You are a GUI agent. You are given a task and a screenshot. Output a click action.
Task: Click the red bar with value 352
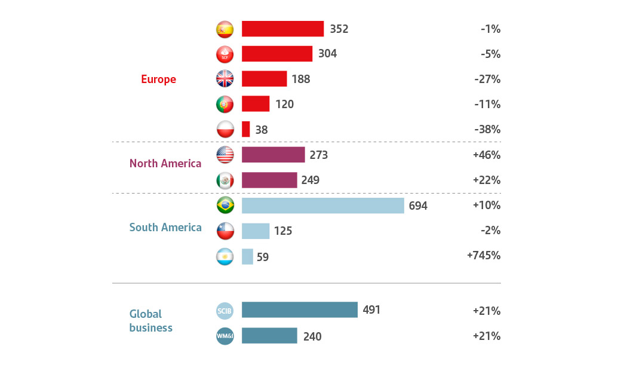[x=282, y=29]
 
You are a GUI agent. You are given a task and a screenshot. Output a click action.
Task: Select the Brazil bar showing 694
[x=322, y=206]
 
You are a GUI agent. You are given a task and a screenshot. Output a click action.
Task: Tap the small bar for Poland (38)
[x=245, y=129]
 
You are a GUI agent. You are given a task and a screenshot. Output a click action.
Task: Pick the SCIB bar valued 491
[x=299, y=309]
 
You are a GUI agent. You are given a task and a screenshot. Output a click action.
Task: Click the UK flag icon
[x=225, y=79]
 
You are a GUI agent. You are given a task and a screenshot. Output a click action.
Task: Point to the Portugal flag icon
[x=225, y=104]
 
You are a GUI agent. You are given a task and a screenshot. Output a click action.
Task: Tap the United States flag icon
[x=225, y=155]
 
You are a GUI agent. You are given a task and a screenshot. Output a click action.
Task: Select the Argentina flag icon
[x=225, y=256]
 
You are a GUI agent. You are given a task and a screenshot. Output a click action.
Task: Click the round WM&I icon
[x=225, y=336]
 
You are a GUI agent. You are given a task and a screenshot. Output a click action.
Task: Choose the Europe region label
[x=158, y=79]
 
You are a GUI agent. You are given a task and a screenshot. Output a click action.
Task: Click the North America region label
[x=165, y=163]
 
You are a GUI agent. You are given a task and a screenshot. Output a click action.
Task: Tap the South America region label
[x=165, y=228]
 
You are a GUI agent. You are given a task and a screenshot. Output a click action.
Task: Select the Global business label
[x=150, y=320]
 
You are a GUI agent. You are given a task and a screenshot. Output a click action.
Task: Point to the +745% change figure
[x=483, y=256]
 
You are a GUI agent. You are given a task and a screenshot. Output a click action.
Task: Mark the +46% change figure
[x=486, y=155]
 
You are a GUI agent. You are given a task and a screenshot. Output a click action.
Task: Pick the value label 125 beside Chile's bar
[x=282, y=231]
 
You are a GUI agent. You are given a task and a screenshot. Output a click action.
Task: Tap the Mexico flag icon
[x=225, y=180]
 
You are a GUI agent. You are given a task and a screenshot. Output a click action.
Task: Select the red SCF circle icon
[x=225, y=54]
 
